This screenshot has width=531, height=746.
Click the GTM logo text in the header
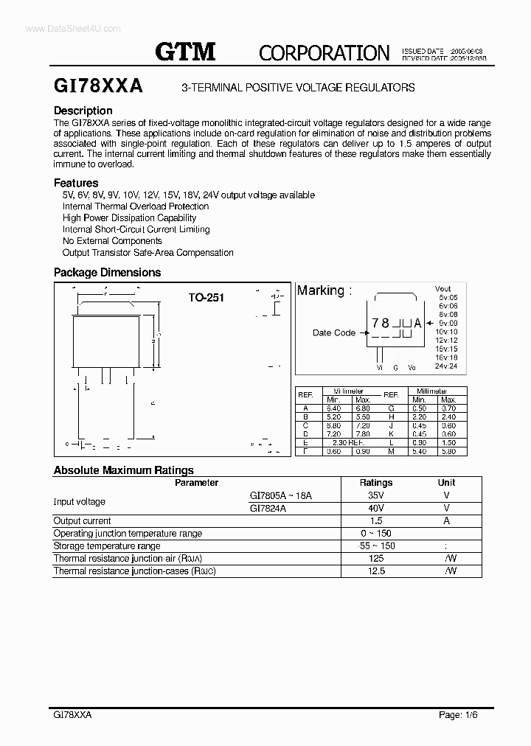pyautogui.click(x=184, y=51)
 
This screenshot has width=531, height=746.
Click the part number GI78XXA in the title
pyautogui.click(x=99, y=86)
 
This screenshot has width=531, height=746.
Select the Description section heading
pyautogui.click(x=83, y=111)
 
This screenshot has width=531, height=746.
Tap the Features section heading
pyautogui.click(x=76, y=182)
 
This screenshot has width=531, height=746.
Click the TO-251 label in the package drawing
pyautogui.click(x=206, y=298)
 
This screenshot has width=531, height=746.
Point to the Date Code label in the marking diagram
pyautogui.click(x=334, y=332)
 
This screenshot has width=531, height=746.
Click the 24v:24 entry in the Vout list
pyautogui.click(x=446, y=366)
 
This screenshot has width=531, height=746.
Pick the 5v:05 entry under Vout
pyautogui.click(x=448, y=298)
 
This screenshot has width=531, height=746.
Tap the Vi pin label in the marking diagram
pyautogui.click(x=380, y=366)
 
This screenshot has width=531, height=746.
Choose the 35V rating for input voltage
pyautogui.click(x=375, y=496)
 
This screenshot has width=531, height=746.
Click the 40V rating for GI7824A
pyautogui.click(x=375, y=509)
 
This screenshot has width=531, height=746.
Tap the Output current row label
pyautogui.click(x=82, y=520)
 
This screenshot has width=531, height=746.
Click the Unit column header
pyautogui.click(x=447, y=483)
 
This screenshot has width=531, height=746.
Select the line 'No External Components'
pyautogui.click(x=112, y=241)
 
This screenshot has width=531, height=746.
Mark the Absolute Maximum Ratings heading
pyautogui.click(x=124, y=470)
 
